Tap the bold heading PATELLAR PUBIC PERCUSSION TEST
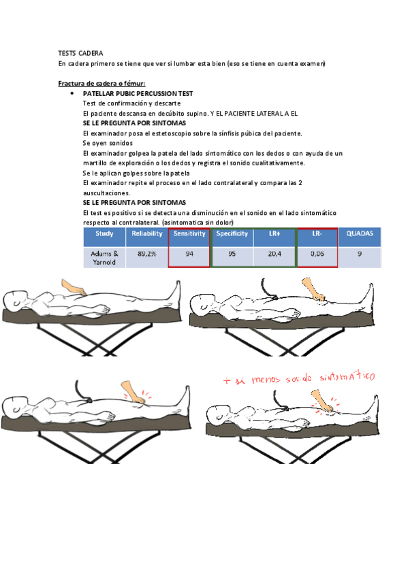tap(138, 93)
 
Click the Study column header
tap(104, 234)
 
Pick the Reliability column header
tap(146, 234)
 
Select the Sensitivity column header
tap(189, 234)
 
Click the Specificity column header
tap(232, 234)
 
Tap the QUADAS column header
tap(360, 234)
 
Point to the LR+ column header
tap(274, 234)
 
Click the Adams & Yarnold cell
tap(104, 257)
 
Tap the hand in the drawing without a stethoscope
tap(73, 287)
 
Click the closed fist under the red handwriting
tap(321, 403)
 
